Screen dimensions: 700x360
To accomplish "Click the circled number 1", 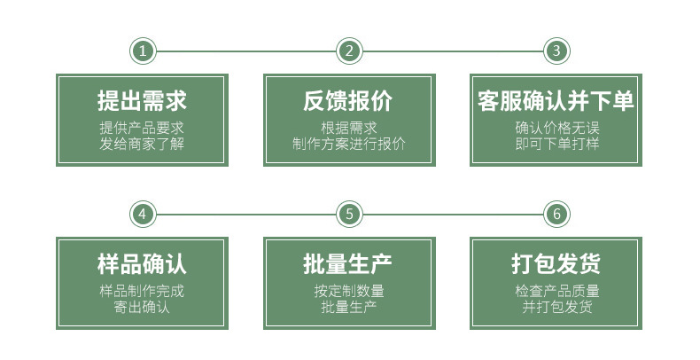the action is (143, 51).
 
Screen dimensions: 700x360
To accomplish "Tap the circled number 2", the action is (349, 51).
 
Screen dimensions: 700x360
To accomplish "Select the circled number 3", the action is (556, 51).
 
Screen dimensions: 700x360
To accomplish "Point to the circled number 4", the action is (143, 214).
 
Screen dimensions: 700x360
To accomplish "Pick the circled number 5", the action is (349, 214).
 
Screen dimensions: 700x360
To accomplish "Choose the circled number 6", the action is (556, 214).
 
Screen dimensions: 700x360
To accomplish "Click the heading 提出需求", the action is (142, 101).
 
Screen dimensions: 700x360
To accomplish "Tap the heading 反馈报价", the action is (348, 101).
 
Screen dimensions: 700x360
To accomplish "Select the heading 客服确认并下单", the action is (556, 101).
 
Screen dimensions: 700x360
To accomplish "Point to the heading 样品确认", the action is (142, 264).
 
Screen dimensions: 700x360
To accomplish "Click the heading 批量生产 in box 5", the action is (348, 264).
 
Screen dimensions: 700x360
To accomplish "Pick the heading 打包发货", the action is (556, 264).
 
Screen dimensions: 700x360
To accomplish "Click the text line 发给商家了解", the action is (142, 143).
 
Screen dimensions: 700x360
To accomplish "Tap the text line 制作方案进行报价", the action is (348, 143).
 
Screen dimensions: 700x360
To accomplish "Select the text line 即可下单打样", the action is (556, 143).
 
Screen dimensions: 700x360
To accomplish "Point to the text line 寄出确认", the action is (142, 307).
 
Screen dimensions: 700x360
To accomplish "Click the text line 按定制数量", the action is (348, 290).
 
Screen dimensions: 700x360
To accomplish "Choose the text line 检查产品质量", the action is (556, 290).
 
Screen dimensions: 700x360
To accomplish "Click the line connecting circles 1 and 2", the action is (245, 51).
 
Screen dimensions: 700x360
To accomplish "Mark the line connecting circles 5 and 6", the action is (452, 214).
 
